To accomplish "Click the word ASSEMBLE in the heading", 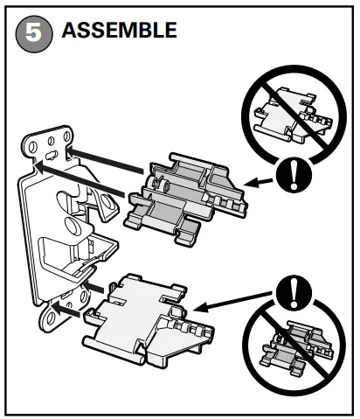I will [119, 31].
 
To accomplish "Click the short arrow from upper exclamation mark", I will [260, 181].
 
